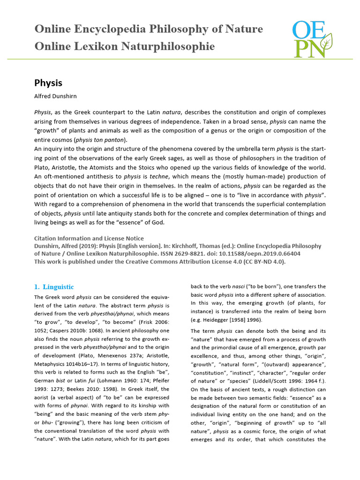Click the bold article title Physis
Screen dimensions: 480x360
pyautogui.click(x=48, y=83)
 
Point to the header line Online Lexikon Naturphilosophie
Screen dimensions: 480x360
pyautogui.click(x=124, y=46)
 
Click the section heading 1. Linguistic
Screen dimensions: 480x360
pyautogui.click(x=54, y=287)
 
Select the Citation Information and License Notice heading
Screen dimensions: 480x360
pyautogui.click(x=89, y=239)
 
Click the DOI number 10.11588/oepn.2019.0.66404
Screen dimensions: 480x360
pyautogui.click(x=264, y=254)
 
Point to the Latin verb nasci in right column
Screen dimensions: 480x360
pyautogui.click(x=242, y=286)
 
